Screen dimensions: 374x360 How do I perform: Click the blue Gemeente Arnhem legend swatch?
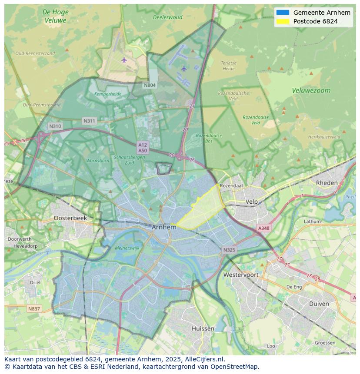coord(283,13)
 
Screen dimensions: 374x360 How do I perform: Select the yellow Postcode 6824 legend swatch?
coord(283,21)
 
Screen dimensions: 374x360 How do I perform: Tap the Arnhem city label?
coord(164,227)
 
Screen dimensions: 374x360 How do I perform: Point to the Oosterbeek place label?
coord(70,218)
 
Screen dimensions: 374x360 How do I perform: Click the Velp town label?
coord(252,202)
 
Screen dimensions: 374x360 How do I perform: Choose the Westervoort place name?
coord(240,275)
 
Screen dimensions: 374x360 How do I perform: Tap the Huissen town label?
coord(203,329)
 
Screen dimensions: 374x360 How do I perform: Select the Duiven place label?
coord(319,304)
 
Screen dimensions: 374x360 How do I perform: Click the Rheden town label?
coord(327,183)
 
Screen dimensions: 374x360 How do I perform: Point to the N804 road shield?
coord(150,85)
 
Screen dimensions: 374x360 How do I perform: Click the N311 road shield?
coord(89,121)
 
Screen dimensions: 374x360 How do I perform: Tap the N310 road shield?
coord(55,126)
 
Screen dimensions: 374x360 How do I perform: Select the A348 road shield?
coord(263,228)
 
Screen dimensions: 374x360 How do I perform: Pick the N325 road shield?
coord(229,250)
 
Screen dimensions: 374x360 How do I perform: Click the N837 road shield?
coord(34,309)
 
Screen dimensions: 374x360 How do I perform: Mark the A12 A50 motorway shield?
coord(143,147)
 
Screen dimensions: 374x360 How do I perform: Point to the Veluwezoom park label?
coord(311,91)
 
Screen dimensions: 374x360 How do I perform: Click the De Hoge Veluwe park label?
coord(55,16)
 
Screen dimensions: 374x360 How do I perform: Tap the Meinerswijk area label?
coord(127,248)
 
